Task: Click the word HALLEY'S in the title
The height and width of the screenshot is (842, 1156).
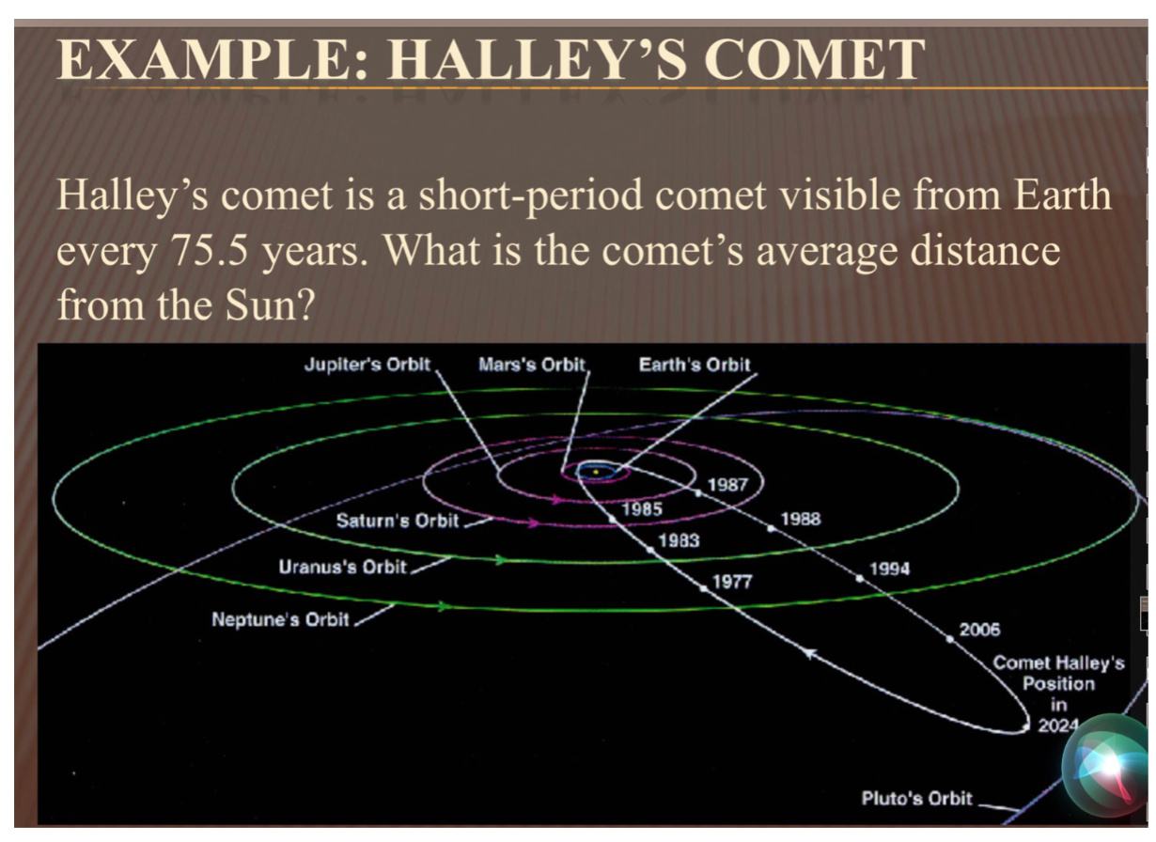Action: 538,59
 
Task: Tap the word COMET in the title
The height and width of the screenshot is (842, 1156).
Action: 814,59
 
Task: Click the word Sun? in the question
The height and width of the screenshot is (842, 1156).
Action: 271,304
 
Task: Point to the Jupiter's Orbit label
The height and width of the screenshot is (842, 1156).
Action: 367,365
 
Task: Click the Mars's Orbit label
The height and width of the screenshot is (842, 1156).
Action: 532,365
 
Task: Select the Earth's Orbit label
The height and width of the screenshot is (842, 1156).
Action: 695,365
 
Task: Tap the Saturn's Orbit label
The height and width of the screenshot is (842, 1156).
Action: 398,521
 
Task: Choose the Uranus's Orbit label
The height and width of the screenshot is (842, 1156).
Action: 343,567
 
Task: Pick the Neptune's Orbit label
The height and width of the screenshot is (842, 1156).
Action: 281,619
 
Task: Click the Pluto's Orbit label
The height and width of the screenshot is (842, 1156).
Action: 917,798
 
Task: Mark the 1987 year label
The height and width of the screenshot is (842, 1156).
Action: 727,485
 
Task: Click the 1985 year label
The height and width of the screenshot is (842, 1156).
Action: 642,509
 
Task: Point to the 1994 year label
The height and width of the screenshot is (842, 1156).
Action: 890,569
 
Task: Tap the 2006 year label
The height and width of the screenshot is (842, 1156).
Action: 979,630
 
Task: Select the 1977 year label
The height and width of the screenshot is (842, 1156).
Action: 732,582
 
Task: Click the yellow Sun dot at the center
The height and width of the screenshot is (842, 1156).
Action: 596,472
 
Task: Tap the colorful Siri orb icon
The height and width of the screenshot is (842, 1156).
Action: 1107,766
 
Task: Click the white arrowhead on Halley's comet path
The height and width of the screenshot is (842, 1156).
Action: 811,654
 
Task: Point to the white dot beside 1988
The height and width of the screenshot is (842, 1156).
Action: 771,528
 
